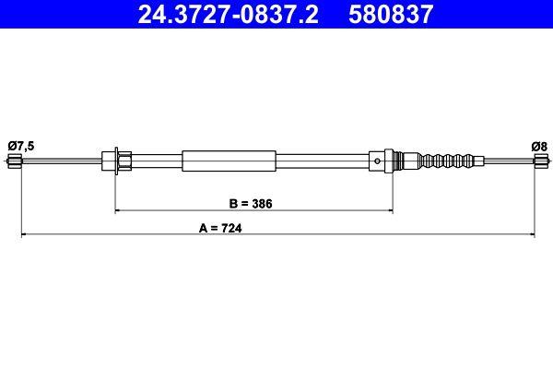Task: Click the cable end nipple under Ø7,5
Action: [14, 162]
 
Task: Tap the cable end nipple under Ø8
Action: [540, 162]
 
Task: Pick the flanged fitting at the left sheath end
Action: [119, 161]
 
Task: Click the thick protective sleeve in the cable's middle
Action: [229, 161]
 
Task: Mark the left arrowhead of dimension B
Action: [118, 211]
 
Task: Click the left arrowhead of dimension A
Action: [25, 236]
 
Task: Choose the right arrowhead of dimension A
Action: [531, 236]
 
